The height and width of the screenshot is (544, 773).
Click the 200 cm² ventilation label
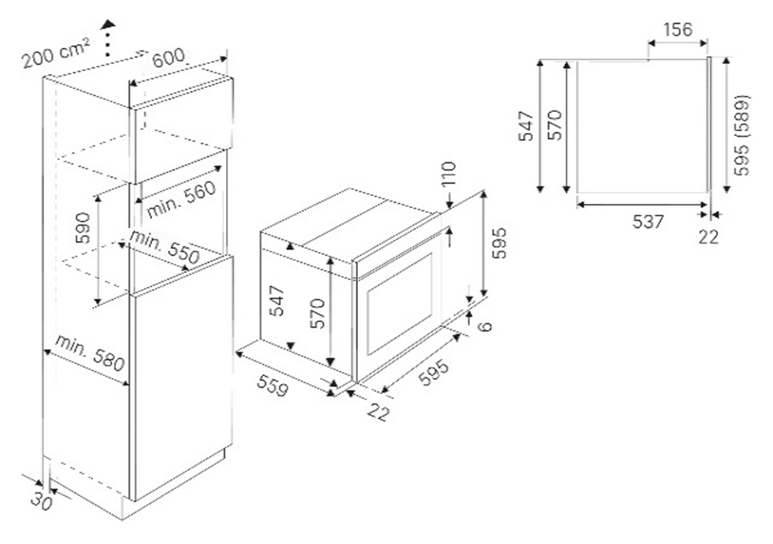(x=56, y=54)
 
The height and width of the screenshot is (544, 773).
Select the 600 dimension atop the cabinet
(x=168, y=58)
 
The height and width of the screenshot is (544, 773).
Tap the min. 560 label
(x=182, y=199)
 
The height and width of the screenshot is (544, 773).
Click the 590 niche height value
(x=83, y=228)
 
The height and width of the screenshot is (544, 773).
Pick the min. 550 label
(x=164, y=246)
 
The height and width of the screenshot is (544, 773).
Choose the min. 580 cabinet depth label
(x=89, y=353)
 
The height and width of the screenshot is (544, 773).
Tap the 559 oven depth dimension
(x=271, y=385)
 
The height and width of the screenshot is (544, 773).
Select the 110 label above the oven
(x=448, y=174)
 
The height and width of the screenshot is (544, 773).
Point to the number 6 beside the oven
(x=485, y=326)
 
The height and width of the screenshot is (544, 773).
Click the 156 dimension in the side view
(x=677, y=29)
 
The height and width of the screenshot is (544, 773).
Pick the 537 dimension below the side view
(x=648, y=222)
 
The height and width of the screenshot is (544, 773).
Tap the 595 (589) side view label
(x=741, y=134)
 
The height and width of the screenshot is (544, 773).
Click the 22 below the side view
(x=708, y=237)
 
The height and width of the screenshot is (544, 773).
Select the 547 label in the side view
(x=527, y=126)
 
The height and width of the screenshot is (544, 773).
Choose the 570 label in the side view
(x=555, y=124)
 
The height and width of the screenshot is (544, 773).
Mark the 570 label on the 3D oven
(x=318, y=314)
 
